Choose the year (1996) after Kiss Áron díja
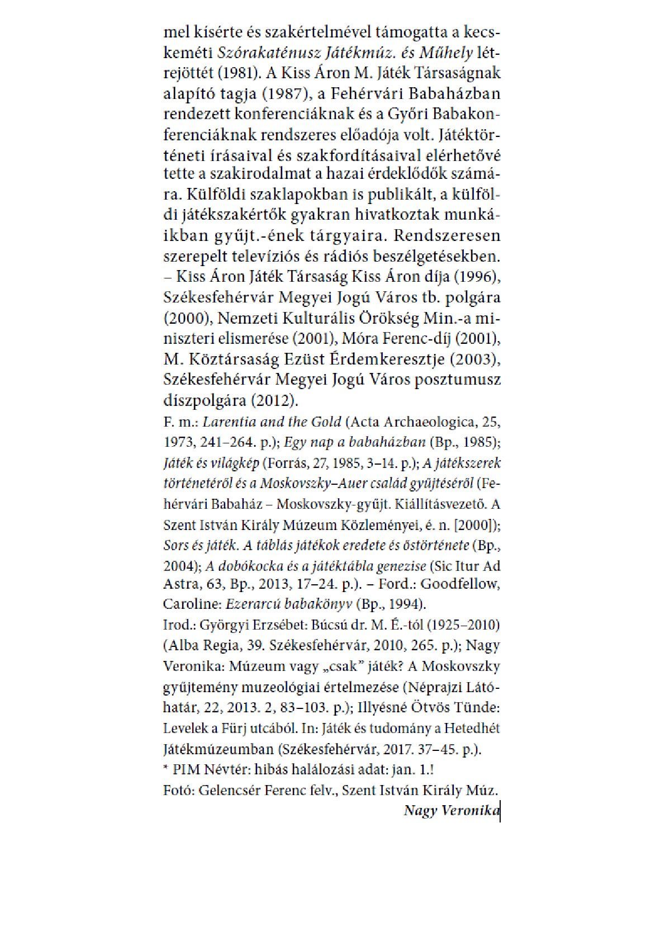[476, 277]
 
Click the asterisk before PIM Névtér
[166, 769]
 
